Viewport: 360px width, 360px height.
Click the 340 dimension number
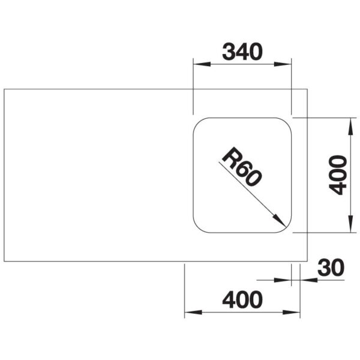coord(242,52)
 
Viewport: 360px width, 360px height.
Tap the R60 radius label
coord(242,166)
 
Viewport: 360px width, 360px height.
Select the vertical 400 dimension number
coord(337,175)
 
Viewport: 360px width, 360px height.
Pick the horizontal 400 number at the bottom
coord(242,299)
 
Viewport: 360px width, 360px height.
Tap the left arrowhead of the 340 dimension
coord(202,64)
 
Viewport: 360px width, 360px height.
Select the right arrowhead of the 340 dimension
coord(283,64)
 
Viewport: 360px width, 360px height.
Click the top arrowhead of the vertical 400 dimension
coord(350,126)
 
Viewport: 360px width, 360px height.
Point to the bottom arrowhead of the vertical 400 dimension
coord(350,224)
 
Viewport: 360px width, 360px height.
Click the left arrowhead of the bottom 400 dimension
coord(193,312)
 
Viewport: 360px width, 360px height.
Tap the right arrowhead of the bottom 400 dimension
coord(292,312)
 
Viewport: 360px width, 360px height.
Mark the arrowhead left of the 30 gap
coord(283,280)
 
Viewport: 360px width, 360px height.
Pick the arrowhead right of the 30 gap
coord(308,280)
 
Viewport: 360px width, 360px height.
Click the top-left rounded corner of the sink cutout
coord(197,122)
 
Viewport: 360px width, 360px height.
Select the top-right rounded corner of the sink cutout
coord(287,122)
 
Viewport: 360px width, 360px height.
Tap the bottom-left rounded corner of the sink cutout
coord(197,228)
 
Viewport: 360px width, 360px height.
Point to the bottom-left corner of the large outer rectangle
coord(4,261)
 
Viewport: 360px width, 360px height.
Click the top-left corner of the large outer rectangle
coord(4,89)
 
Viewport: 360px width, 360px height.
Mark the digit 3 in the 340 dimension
coord(229,52)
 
